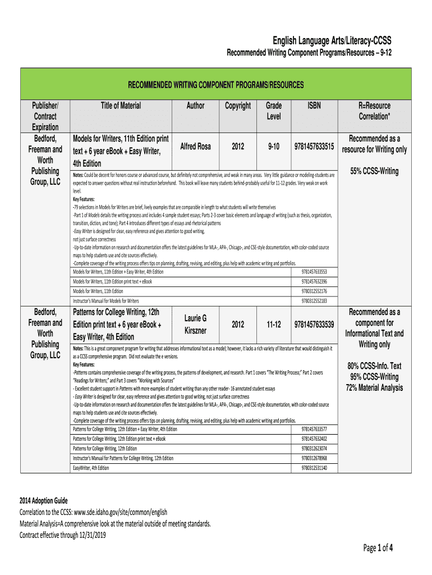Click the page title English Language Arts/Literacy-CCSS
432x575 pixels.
tap(332, 41)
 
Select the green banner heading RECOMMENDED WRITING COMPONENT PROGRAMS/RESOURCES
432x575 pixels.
tap(216, 85)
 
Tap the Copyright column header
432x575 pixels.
tap(238, 106)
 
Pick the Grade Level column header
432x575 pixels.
tap(274, 111)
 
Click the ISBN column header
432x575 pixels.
tap(314, 106)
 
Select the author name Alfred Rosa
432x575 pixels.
tap(195, 147)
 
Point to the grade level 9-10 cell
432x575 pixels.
tap(274, 147)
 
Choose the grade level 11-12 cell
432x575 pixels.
tap(274, 325)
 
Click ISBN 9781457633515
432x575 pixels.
tap(314, 147)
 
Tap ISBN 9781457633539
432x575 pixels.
tap(314, 325)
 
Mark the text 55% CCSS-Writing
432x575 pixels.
tap(374, 171)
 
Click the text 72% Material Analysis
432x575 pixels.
tap(374, 387)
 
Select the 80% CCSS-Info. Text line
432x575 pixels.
tap(374, 366)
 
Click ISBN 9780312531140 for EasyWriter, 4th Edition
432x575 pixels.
tap(314, 468)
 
